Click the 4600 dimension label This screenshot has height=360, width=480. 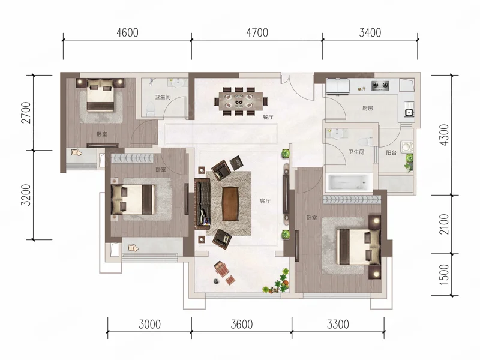(x=127, y=32)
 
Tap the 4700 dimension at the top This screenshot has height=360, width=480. (x=257, y=32)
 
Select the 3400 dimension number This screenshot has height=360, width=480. (x=370, y=32)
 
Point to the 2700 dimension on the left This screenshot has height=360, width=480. (x=26, y=113)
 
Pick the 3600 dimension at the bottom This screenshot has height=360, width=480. (x=242, y=324)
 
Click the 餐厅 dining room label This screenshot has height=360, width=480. (x=268, y=117)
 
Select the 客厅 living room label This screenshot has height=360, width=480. (x=265, y=201)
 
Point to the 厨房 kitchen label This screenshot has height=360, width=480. (x=367, y=108)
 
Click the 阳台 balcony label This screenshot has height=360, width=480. (x=391, y=153)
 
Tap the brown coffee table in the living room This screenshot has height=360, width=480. (x=230, y=203)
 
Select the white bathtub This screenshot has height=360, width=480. (x=350, y=182)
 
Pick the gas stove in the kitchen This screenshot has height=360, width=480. (x=380, y=85)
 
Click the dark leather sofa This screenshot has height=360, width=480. (x=202, y=204)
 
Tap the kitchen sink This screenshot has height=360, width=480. (x=409, y=112)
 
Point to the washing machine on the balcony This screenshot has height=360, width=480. (x=407, y=146)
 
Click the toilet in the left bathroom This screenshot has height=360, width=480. (x=151, y=109)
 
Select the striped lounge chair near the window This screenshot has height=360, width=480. (x=221, y=267)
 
